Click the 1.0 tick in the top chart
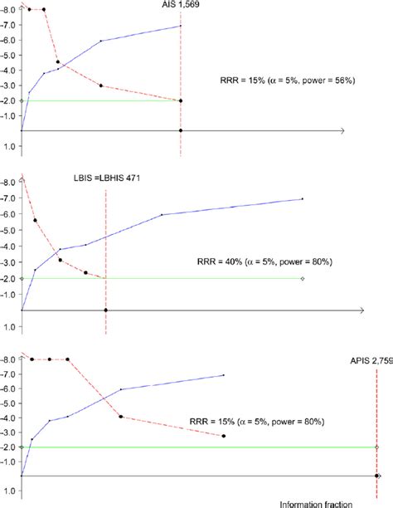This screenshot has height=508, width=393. [9, 146]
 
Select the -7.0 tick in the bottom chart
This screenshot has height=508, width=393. [9, 374]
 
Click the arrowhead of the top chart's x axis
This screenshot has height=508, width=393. [341, 131]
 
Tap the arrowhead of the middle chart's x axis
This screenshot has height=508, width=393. [361, 310]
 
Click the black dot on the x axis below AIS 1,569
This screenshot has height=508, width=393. [181, 131]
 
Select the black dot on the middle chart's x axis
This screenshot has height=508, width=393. [105, 310]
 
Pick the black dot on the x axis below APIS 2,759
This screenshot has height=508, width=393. [377, 476]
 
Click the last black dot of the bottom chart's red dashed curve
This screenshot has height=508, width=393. [224, 436]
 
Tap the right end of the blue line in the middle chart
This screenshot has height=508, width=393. [303, 198]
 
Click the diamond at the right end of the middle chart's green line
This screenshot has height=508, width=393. [303, 278]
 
